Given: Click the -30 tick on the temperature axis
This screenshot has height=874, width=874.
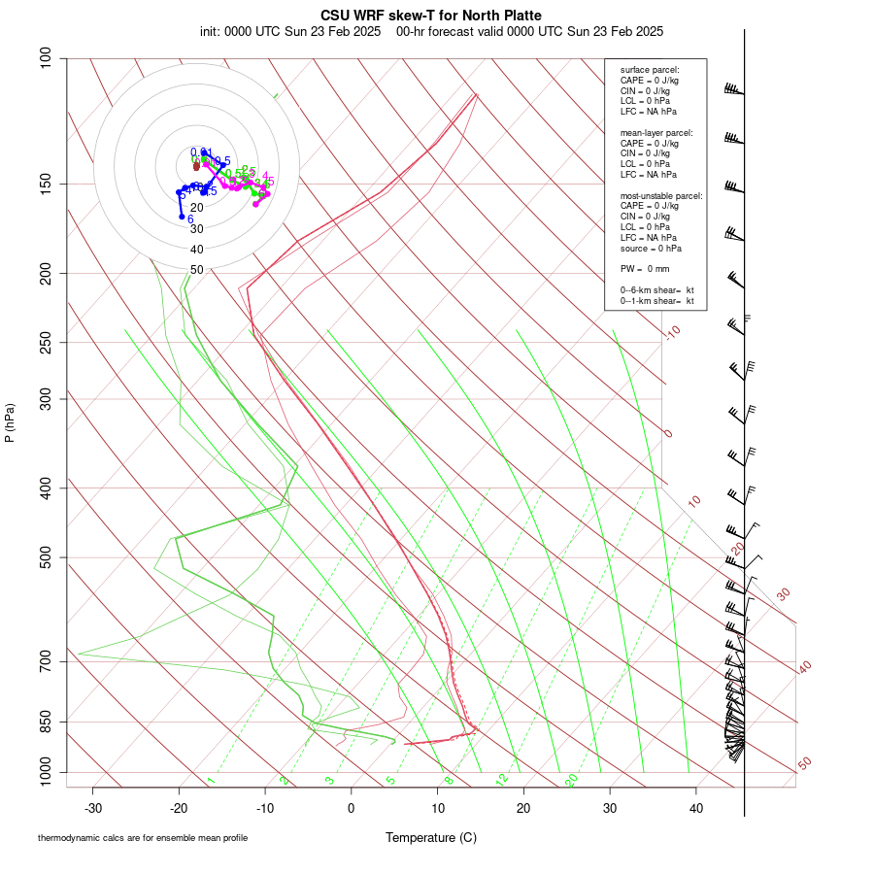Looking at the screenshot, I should coord(93,807).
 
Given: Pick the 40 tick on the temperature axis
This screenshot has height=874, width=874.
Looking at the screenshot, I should coord(695,807).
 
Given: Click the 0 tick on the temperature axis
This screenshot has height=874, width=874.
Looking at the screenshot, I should coord(352,807).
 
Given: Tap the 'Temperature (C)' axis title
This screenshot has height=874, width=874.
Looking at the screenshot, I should coord(431,837).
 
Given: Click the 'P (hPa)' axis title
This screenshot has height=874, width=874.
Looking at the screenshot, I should coord(10,422).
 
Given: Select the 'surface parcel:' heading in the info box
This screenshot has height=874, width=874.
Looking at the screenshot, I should coord(650,70).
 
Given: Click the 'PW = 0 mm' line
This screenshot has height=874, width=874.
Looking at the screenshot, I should coord(645,268).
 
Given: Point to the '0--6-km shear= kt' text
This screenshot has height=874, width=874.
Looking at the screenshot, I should coord(656,290).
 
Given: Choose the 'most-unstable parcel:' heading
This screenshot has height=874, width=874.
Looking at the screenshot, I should coord(660,196).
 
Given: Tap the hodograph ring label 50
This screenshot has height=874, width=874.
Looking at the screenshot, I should coord(196,270).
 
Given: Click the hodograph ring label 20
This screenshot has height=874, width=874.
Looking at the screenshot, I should coord(196,208).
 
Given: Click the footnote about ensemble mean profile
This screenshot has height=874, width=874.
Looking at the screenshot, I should coord(143,838).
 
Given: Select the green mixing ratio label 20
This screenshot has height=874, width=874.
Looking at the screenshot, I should coord(571,780).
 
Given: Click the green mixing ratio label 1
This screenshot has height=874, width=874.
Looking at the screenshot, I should coord(210,780).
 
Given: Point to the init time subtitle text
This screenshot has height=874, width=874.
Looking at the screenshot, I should coord(431,31).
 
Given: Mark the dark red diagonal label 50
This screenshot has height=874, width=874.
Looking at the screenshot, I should coord(804,764).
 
